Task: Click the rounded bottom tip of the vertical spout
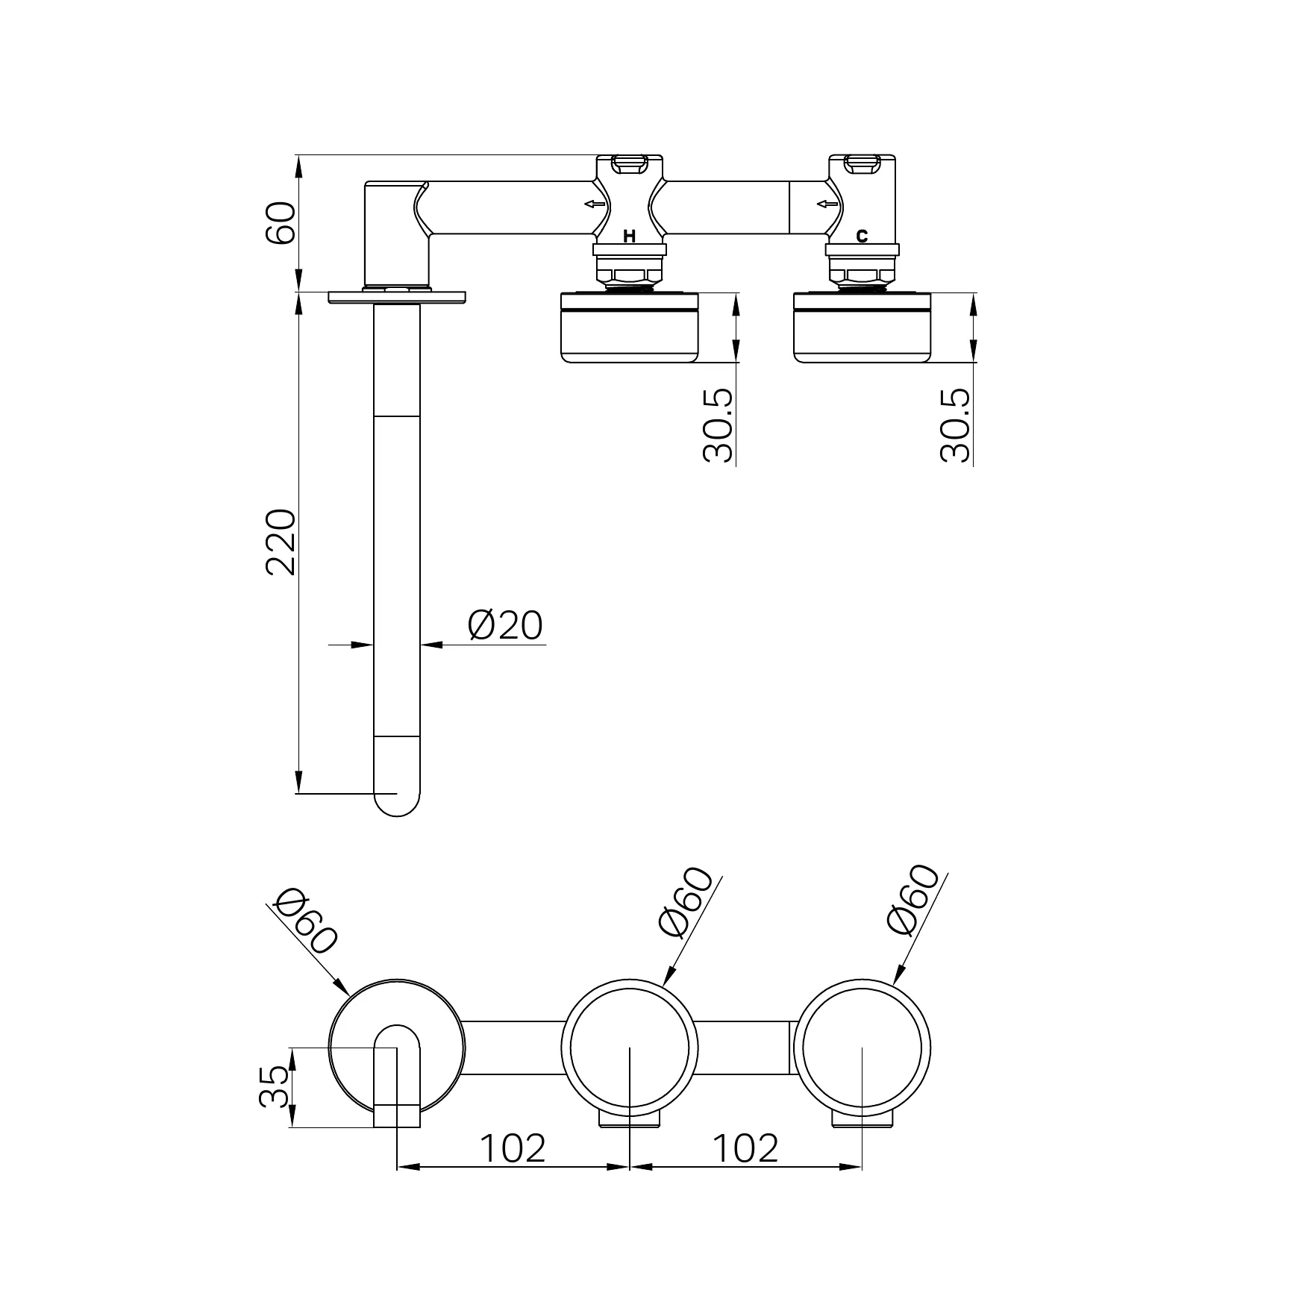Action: pyautogui.click(x=397, y=816)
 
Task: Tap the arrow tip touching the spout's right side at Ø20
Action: pyautogui.click(x=421, y=644)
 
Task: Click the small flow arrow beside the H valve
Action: pyautogui.click(x=595, y=204)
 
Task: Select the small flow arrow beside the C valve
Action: pyautogui.click(x=827, y=204)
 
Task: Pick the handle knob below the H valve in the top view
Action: pyautogui.click(x=630, y=328)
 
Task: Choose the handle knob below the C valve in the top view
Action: pyautogui.click(x=862, y=328)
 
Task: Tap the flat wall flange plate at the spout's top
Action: pyautogui.click(x=397, y=297)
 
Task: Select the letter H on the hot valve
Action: pyautogui.click(x=630, y=237)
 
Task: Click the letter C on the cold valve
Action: pyautogui.click(x=862, y=237)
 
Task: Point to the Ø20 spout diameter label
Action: pyautogui.click(x=505, y=624)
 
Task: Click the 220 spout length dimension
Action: pyautogui.click(x=281, y=542)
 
